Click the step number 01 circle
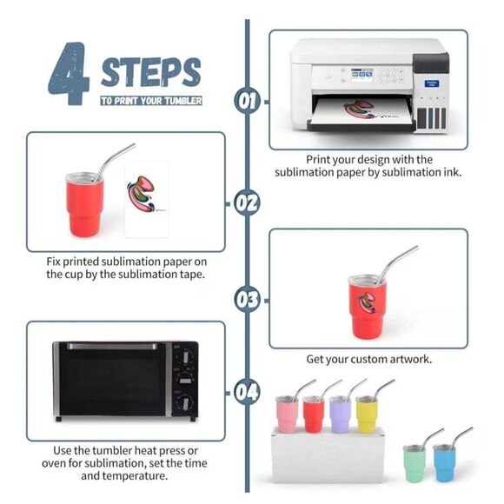[247, 100]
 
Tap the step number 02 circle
[247, 203]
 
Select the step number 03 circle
[247, 299]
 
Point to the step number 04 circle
[247, 392]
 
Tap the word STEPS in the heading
[151, 72]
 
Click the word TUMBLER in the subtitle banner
[183, 101]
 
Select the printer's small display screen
[361, 75]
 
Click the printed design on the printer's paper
[360, 109]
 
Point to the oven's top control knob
[185, 356]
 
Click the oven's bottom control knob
[185, 402]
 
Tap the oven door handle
[112, 346]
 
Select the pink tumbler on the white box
[287, 414]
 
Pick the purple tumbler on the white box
[340, 414]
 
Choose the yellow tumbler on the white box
[367, 414]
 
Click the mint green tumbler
[414, 463]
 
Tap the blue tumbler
[444, 463]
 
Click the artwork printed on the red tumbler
[367, 302]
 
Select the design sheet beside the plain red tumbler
[147, 200]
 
